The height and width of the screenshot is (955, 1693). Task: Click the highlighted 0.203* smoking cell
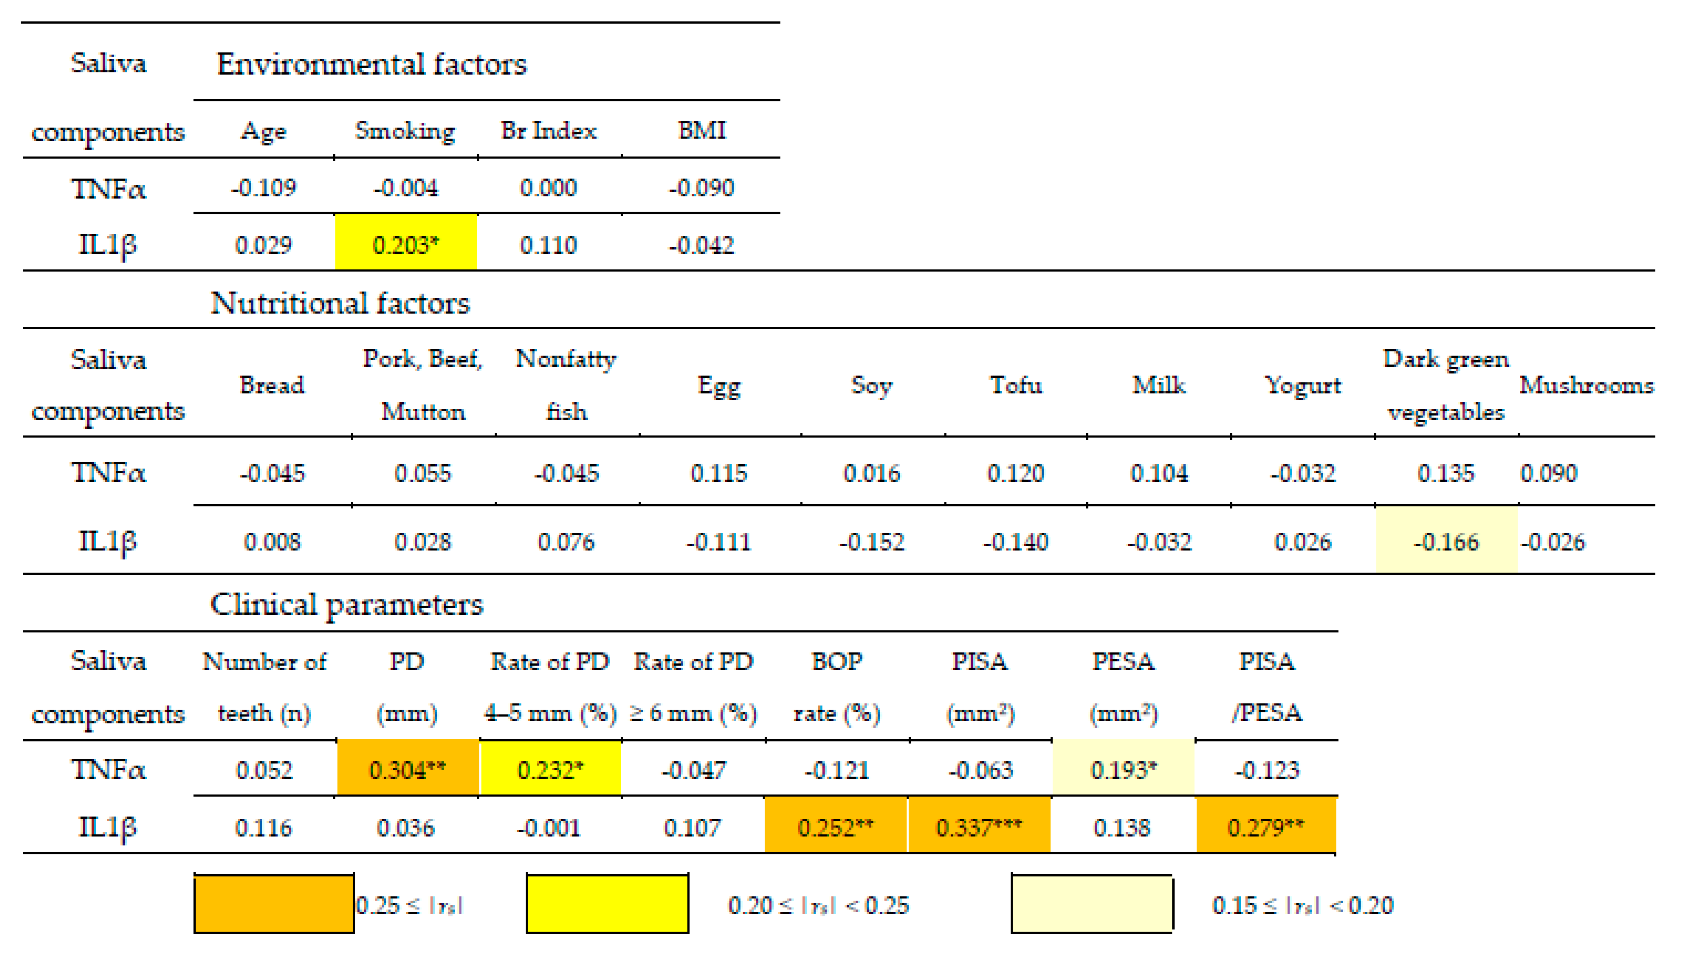coord(405,245)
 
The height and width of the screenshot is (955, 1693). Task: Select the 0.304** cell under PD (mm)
coord(407,769)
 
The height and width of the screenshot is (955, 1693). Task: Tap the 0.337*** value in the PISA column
coord(979,827)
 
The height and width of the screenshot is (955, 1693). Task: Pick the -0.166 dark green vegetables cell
coord(1446,542)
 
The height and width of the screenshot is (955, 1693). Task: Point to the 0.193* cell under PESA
coord(1123,769)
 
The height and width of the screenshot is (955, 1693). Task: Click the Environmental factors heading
coord(371,64)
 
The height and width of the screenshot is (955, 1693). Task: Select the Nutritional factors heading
coord(340,304)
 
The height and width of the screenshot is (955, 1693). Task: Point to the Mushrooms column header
coord(1586,385)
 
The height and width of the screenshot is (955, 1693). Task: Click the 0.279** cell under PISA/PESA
coord(1266,827)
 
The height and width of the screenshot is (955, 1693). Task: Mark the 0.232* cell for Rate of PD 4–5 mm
coord(550,769)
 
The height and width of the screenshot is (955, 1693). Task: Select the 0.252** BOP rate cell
coord(835,827)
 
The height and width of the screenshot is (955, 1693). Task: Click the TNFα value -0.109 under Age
coord(263,188)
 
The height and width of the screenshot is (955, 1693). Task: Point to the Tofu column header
coord(1015,385)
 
